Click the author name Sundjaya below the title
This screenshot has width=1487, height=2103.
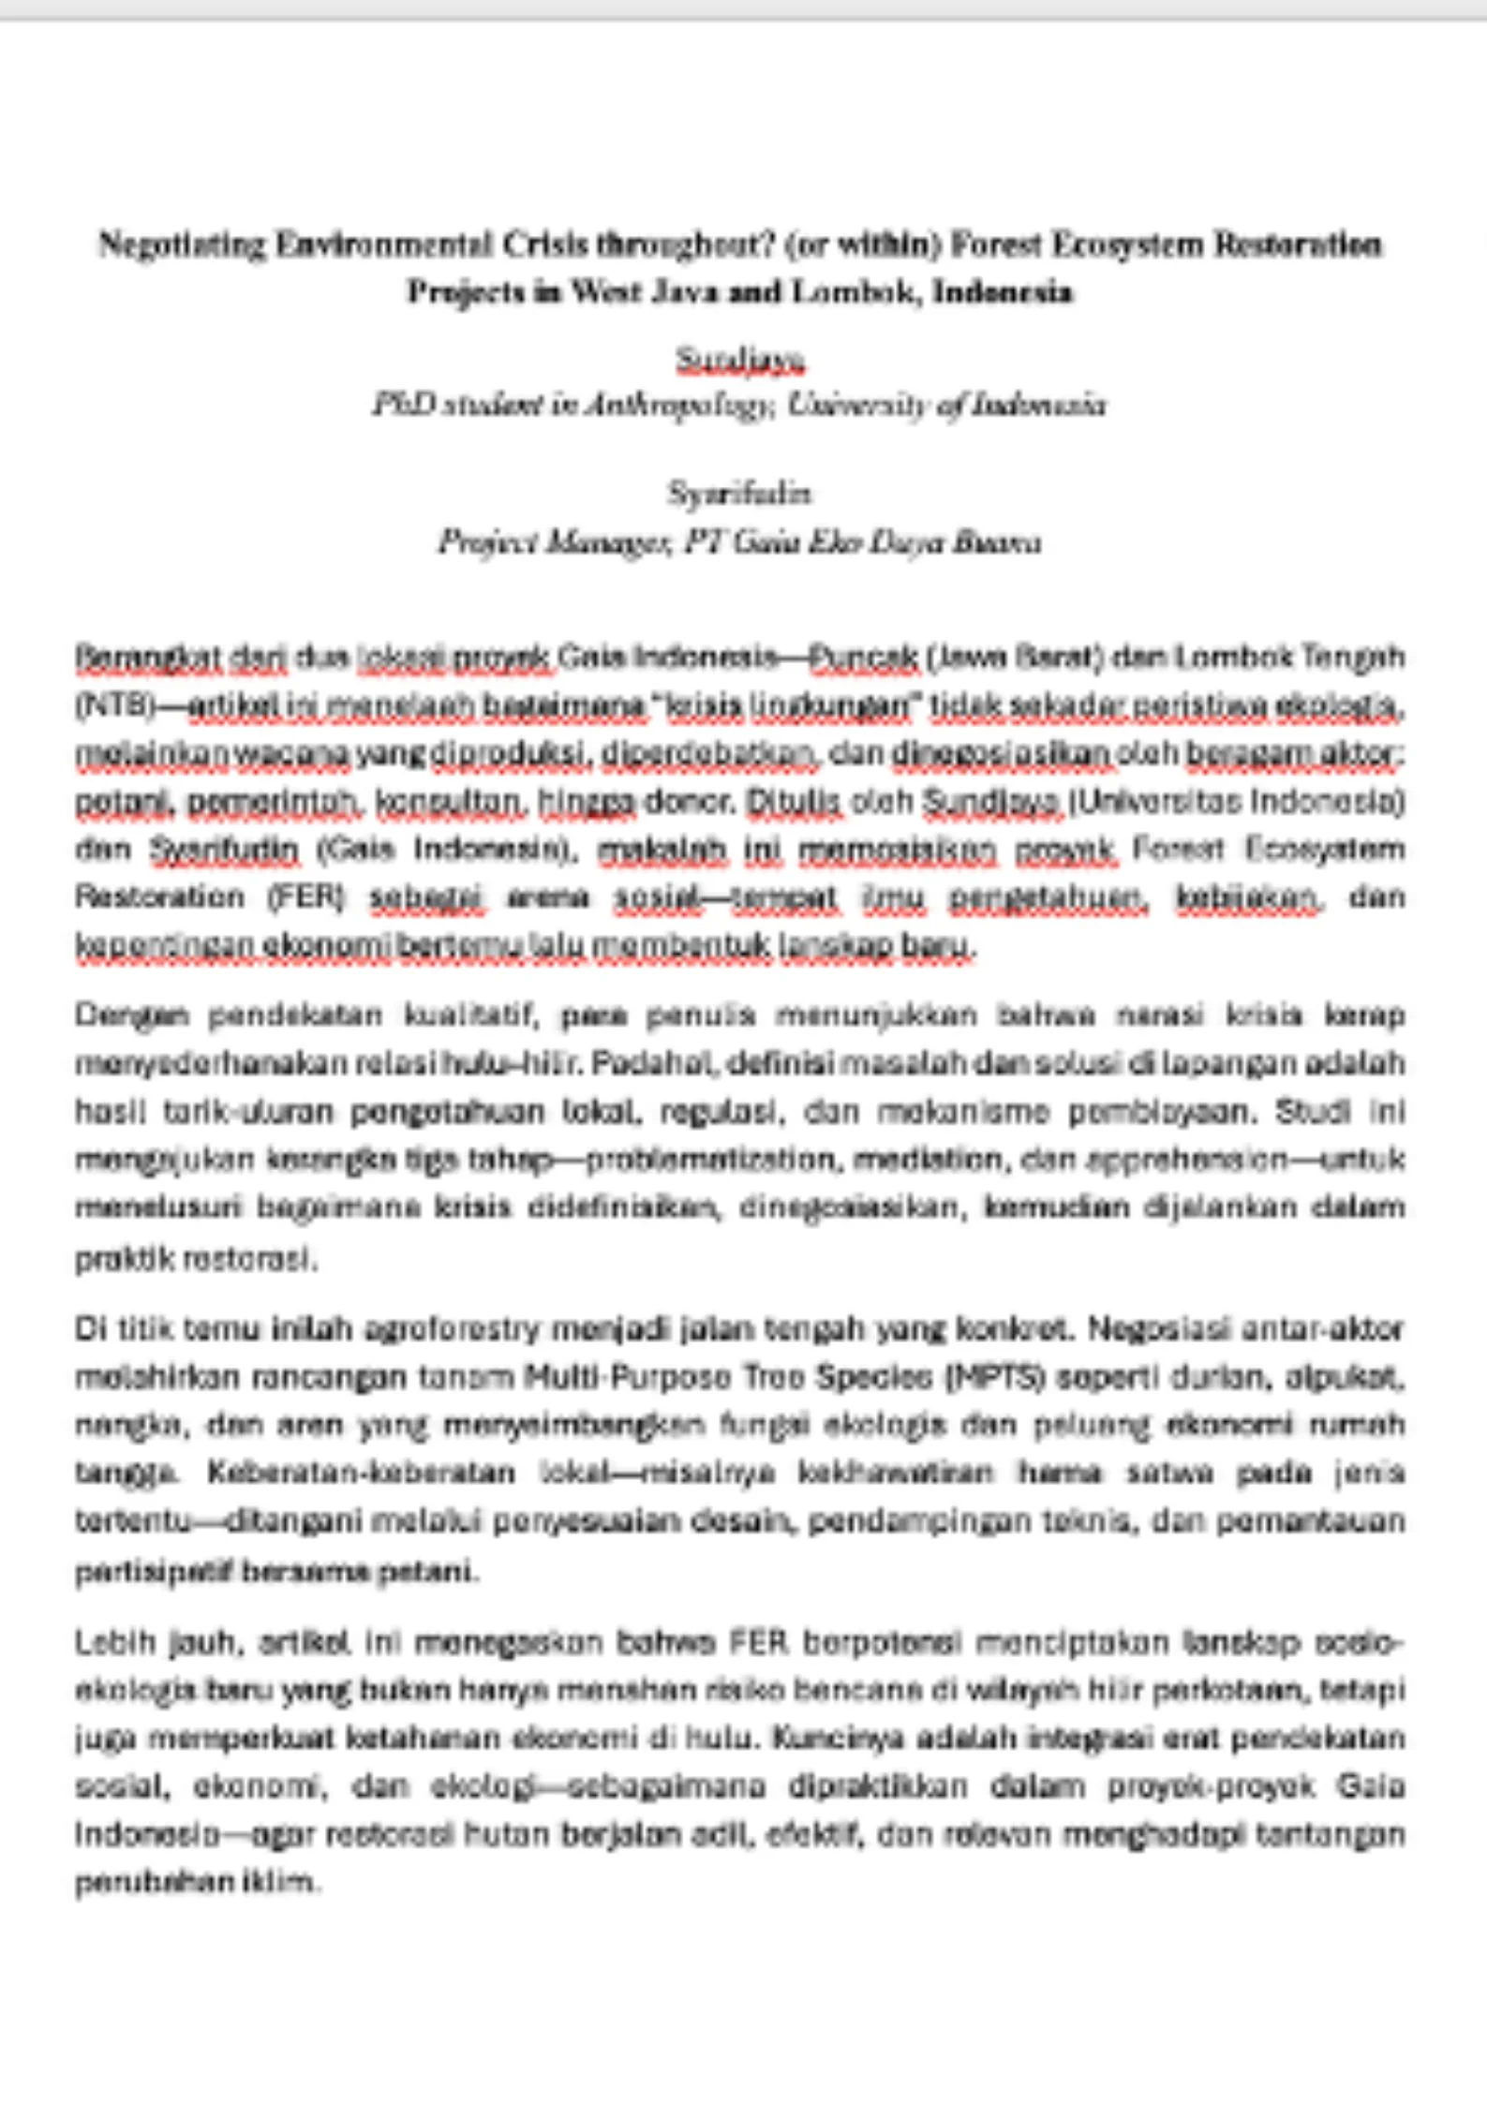click(x=740, y=360)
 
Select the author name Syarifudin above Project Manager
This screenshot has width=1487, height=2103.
click(x=739, y=493)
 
